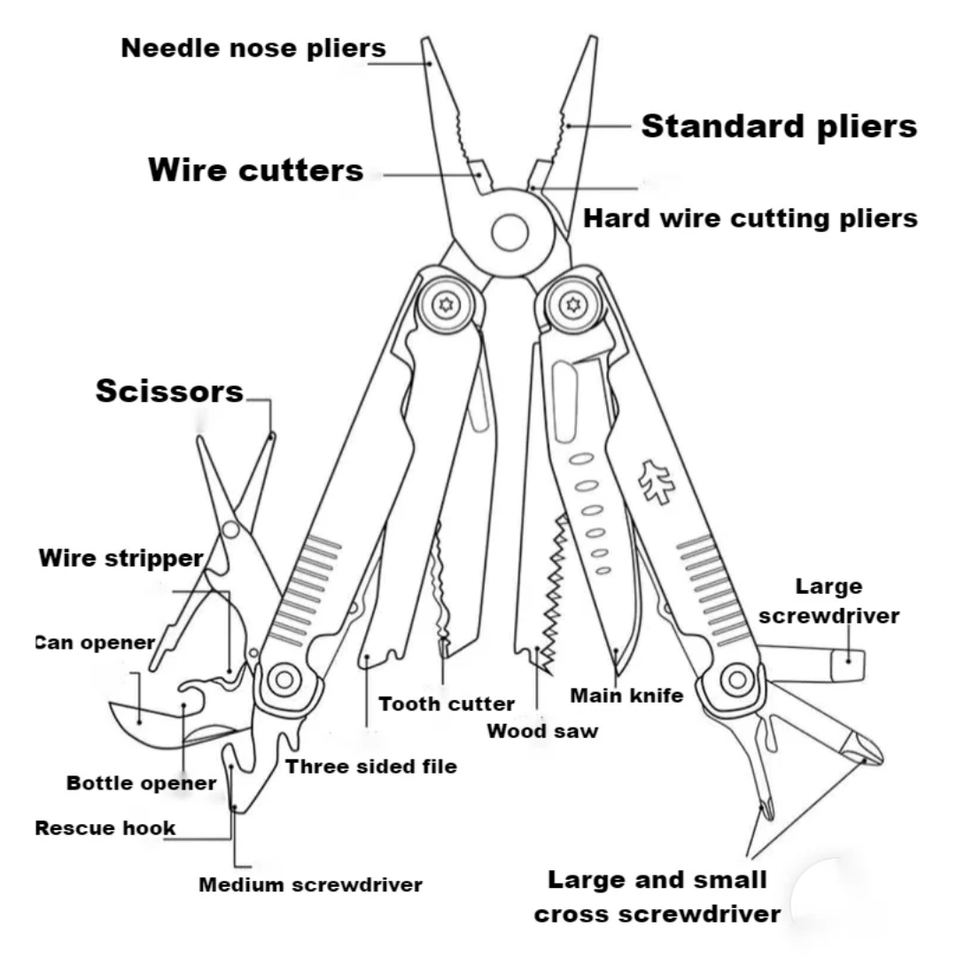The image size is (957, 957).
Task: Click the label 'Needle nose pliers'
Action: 253,48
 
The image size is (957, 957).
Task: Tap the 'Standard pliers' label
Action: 779,126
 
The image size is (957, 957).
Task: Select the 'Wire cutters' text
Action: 256,170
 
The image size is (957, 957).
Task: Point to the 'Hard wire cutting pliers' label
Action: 750,218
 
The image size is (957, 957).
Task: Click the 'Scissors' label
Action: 169,391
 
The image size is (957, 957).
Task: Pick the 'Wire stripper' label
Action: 121,559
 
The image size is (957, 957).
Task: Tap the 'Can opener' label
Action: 96,642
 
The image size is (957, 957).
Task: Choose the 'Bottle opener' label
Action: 142,783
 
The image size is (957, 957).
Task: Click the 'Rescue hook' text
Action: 105,829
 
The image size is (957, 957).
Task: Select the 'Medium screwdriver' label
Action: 310,884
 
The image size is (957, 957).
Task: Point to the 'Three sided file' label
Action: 371,766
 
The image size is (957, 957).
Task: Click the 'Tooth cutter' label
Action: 447,704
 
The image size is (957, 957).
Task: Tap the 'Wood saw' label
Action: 542,731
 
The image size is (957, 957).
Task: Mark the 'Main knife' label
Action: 626,696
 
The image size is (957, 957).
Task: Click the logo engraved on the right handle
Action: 657,483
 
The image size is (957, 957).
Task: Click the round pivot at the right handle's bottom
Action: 735,681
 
